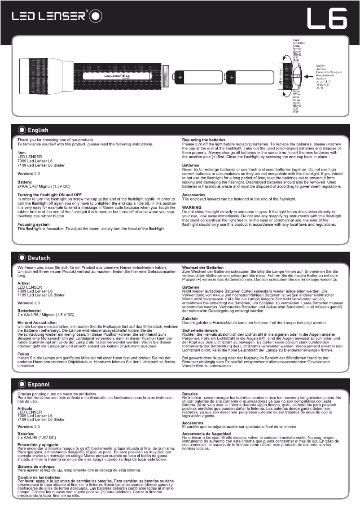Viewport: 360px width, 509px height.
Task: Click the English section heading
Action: (38, 130)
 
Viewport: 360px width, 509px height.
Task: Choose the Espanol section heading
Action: (39, 384)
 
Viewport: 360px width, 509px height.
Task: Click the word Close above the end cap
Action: (296, 40)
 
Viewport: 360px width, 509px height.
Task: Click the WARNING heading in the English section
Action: (192, 207)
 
